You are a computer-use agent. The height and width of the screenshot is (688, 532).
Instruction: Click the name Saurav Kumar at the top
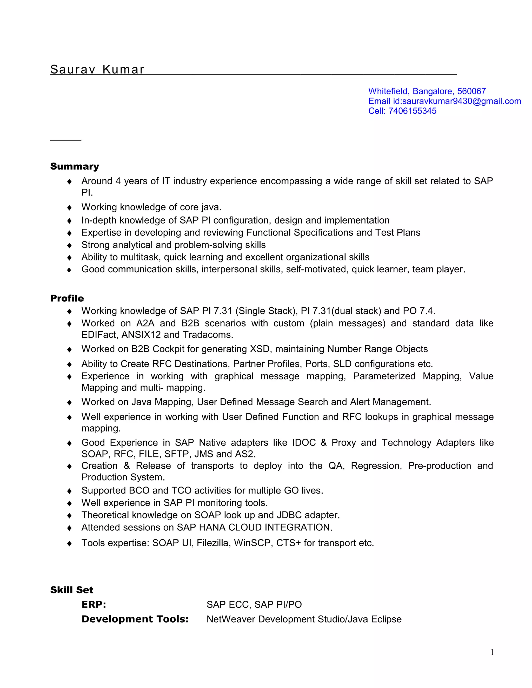97,69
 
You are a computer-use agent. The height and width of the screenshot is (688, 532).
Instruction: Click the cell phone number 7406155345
412,111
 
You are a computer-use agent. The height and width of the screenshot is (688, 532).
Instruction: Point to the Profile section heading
67,298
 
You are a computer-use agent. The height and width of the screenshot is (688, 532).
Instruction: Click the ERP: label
94,604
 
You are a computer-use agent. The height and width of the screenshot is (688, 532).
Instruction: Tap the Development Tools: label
135,619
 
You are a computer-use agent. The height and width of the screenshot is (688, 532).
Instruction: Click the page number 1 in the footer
492,652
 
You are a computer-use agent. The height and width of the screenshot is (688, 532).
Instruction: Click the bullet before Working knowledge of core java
69,208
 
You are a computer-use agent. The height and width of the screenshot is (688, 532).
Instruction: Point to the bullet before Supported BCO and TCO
69,491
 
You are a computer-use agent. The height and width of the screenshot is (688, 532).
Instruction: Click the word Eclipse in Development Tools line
386,619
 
